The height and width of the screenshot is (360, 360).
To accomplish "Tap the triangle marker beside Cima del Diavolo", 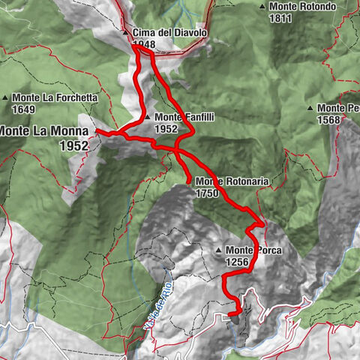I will (126, 34).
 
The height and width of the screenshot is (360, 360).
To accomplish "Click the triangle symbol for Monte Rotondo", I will (262, 7).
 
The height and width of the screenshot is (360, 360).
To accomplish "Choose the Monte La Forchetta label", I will (55, 97).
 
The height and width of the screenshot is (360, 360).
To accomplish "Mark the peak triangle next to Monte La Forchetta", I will (6, 97).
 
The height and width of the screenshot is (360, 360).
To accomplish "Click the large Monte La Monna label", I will (43, 130).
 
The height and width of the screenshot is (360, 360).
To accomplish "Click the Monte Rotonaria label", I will (231, 181).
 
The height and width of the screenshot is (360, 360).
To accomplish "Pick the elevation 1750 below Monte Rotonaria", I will (208, 193).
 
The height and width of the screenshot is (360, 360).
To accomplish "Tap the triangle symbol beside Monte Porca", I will (218, 250).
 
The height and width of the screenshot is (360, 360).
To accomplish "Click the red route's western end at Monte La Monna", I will (97, 131).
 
